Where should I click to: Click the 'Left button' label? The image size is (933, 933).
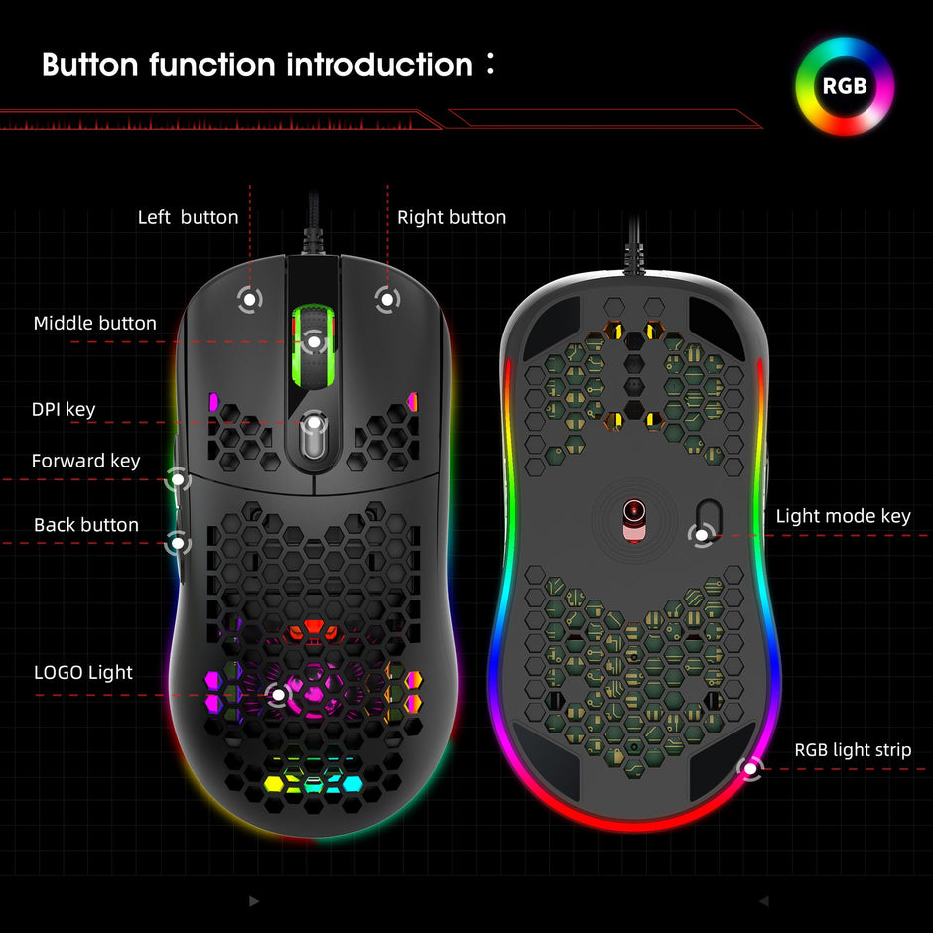(x=188, y=217)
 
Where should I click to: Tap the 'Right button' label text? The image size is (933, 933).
(x=452, y=217)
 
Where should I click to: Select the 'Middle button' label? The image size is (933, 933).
(x=95, y=323)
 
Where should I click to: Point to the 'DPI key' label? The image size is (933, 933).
(x=64, y=409)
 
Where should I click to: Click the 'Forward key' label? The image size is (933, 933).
(x=85, y=461)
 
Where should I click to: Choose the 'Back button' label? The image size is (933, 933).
(x=86, y=525)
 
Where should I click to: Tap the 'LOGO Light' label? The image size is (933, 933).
(x=83, y=672)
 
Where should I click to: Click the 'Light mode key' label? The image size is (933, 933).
(x=843, y=516)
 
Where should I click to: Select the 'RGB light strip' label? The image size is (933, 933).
(x=853, y=750)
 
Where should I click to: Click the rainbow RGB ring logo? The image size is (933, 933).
(x=845, y=86)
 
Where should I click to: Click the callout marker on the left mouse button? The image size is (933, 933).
(x=249, y=297)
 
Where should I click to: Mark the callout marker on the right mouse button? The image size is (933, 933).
(x=387, y=297)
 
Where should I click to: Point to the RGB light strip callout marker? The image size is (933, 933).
(x=751, y=766)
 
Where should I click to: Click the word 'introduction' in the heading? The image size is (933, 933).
(x=379, y=66)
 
